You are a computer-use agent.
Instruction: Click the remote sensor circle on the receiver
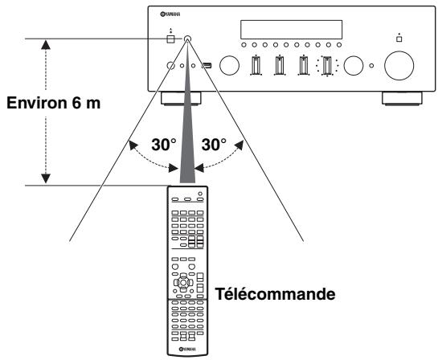coord(187,39)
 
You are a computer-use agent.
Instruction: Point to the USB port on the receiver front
coord(207,66)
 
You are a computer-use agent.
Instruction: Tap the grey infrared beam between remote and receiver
coord(187,129)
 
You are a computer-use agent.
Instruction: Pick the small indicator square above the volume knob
coord(399,38)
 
